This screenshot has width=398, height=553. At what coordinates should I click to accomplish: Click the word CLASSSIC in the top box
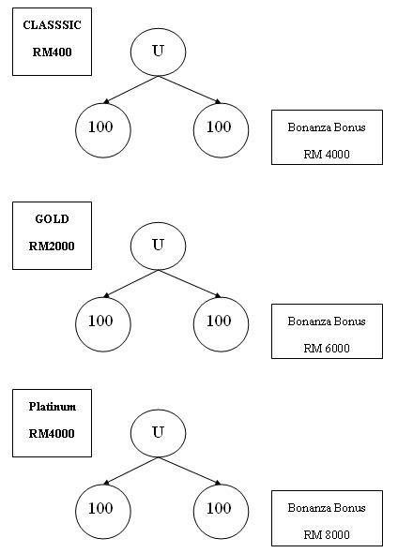52,25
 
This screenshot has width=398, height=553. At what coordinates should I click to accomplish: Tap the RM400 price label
52,52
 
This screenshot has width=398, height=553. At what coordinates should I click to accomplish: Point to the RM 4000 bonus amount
327,155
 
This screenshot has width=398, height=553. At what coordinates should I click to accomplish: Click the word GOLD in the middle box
52,219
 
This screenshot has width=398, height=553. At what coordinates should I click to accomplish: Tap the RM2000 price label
52,247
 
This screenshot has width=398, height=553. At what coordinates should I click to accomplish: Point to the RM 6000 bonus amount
327,349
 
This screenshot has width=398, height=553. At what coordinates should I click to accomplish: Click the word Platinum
53,407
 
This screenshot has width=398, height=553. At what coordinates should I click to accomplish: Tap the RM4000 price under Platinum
52,433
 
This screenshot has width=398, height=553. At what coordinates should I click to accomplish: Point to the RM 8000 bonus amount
327,535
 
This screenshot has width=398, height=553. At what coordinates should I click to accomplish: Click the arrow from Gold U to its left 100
130,284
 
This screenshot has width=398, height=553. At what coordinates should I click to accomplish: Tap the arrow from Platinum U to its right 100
190,471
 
